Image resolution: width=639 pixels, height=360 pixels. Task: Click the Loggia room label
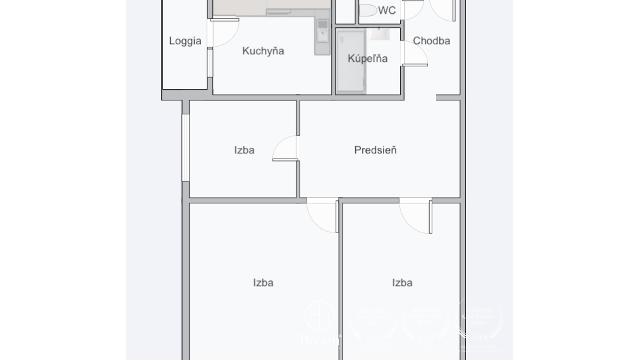coord(185,41)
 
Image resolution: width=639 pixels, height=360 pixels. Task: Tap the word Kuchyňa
coord(263,51)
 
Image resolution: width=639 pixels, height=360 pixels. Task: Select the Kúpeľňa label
coord(367,59)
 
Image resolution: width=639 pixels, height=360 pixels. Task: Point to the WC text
coord(387,11)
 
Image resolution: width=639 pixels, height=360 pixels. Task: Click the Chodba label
coord(432,41)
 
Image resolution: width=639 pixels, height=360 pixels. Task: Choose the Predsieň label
coord(375,150)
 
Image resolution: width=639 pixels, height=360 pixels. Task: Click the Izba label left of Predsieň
coord(244,150)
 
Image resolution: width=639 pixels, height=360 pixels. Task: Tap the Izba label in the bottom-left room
coord(263,283)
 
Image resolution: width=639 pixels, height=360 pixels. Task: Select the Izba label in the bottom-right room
coord(402,283)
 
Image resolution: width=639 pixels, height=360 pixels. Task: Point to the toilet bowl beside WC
coord(367,10)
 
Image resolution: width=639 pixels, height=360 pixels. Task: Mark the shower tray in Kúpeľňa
coord(351,61)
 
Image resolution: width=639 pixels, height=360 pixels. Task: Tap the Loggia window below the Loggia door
coord(210,63)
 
